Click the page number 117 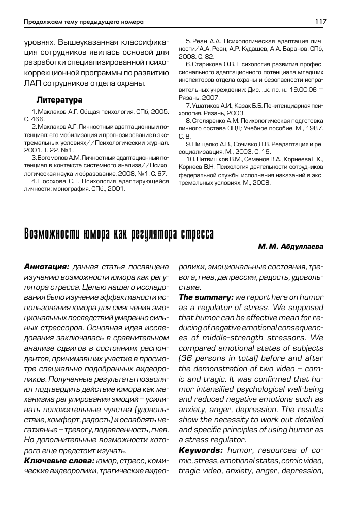click(320, 22)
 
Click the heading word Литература click(59, 99)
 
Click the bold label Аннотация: click(47, 266)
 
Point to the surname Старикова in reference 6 click(208, 65)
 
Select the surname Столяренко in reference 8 click(210, 121)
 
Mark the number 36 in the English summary click(186, 358)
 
